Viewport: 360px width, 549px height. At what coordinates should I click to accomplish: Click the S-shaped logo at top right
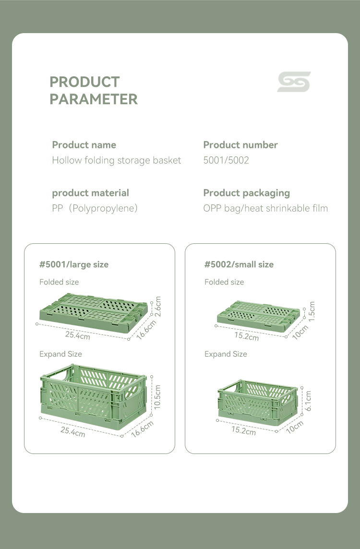point(294,82)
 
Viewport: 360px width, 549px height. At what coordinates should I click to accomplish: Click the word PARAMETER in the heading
point(94,99)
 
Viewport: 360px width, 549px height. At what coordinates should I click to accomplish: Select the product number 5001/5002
point(226,160)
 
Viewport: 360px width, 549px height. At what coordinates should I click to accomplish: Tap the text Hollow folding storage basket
point(117,160)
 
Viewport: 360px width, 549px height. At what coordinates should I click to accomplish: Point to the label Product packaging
point(246,193)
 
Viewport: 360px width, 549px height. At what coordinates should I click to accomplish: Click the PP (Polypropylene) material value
point(95,208)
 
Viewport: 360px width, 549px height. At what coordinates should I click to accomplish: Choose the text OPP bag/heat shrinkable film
point(265,208)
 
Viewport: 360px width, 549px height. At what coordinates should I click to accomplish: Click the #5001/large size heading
point(74,264)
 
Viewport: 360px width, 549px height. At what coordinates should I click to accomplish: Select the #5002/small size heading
point(239,264)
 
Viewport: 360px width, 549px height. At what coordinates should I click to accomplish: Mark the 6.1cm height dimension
point(308,401)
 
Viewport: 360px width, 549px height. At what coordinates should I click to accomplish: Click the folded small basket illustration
point(259,317)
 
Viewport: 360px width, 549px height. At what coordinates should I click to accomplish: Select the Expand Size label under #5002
point(226,354)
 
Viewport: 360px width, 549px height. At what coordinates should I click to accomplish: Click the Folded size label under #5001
point(59,282)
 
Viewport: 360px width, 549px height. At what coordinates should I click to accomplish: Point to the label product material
point(90,193)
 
